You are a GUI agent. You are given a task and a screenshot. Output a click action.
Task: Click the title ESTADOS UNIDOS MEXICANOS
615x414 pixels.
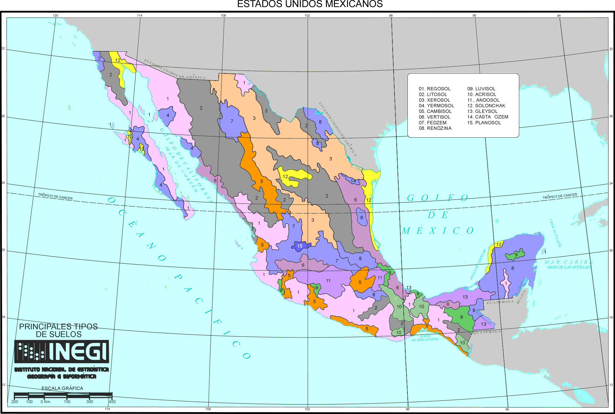click(310, 4)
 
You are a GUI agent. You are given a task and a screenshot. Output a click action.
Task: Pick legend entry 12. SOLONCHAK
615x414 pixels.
click(486, 106)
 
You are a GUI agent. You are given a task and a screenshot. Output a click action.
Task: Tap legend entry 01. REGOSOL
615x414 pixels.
click(434, 89)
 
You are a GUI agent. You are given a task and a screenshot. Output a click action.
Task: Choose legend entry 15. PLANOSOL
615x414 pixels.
click(484, 123)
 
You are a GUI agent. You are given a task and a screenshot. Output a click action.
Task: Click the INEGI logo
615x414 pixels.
click(61, 351)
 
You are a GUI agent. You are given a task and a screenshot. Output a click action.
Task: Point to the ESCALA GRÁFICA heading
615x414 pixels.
click(62, 388)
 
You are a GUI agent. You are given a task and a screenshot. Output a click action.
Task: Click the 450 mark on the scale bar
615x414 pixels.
click(112, 401)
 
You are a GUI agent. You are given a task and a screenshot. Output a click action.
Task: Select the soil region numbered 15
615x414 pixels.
click(300, 246)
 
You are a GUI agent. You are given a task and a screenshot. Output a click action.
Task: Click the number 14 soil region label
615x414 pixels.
click(353, 181)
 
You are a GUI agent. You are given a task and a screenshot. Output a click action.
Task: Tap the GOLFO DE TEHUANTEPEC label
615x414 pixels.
click(425, 338)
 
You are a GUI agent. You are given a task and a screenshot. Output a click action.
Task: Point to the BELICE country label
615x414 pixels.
click(522, 297)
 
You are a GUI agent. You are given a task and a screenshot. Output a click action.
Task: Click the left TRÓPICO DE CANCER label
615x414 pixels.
click(55, 196)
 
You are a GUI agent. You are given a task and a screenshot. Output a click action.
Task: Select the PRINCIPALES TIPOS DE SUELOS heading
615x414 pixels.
click(58, 330)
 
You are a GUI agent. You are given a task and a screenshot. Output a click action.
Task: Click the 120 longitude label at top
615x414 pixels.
click(55, 15)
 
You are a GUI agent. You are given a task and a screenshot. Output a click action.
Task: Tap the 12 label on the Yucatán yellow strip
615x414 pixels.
click(499, 245)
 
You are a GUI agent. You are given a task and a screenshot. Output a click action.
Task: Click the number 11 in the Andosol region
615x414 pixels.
click(328, 281)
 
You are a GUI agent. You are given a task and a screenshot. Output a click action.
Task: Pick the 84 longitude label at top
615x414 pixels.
click(559, 15)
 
